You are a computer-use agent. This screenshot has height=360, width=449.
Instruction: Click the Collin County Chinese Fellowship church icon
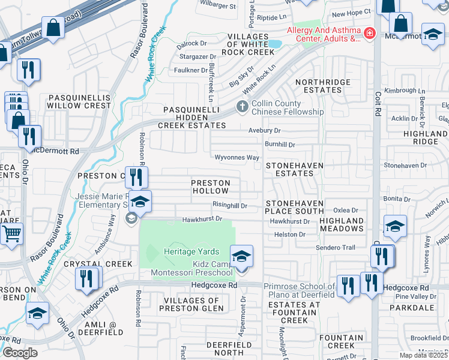click(242, 107)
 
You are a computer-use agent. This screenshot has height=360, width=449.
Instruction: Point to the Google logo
click(20, 353)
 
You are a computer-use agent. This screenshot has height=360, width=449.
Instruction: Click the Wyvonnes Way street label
click(238, 158)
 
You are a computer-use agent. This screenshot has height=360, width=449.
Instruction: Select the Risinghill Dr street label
click(229, 205)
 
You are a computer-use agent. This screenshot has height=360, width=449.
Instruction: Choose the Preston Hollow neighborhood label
click(210, 187)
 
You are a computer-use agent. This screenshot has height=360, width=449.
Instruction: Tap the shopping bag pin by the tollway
click(53, 28)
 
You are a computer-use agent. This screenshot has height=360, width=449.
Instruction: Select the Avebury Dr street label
click(264, 130)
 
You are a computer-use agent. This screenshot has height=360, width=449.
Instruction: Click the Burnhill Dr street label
click(280, 145)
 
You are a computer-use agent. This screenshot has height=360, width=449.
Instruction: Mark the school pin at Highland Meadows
click(395, 227)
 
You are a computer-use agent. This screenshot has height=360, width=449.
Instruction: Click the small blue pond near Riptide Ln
click(274, 44)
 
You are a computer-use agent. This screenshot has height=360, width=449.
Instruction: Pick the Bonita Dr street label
click(396, 198)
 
